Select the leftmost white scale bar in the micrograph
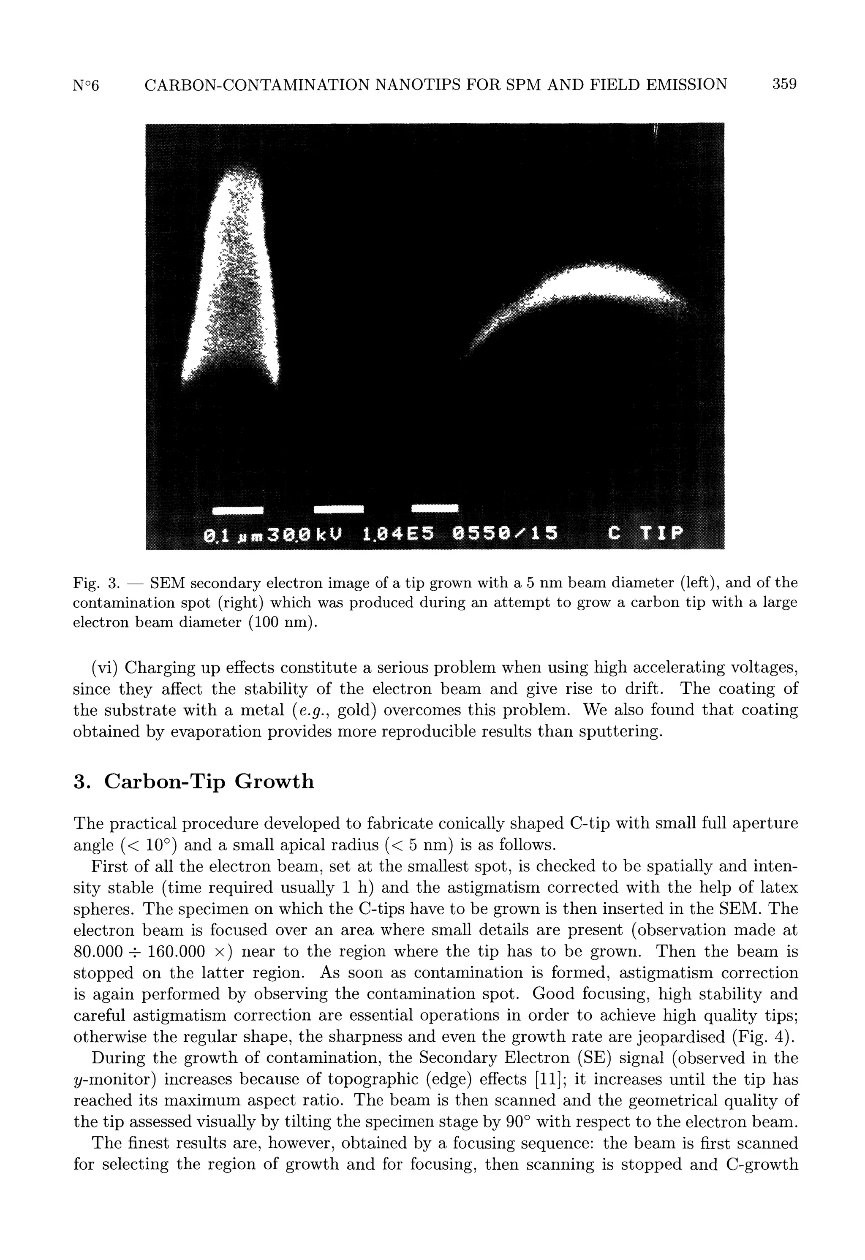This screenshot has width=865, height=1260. (237, 510)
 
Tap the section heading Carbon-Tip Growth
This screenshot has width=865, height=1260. (209, 782)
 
